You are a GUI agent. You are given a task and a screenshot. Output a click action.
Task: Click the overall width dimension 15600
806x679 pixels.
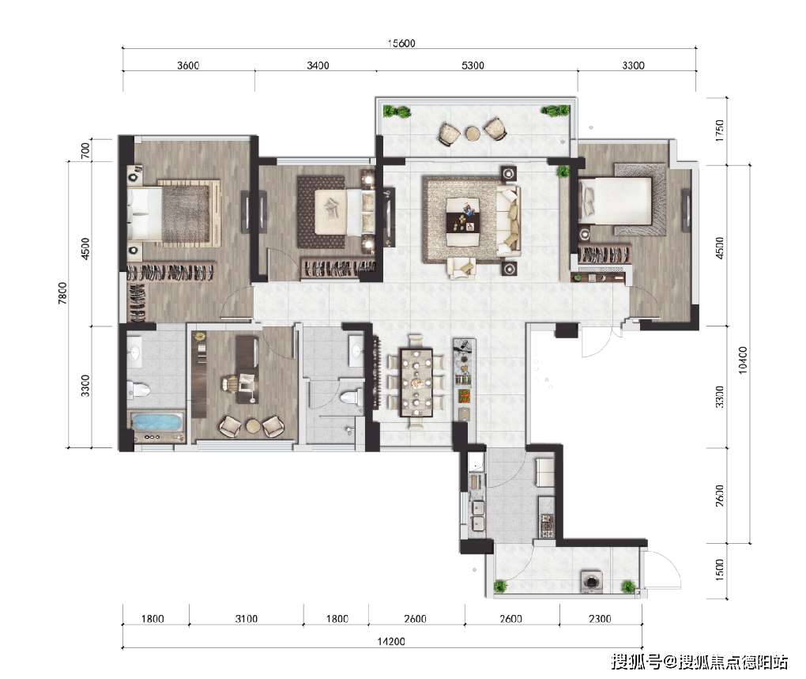tap(401, 43)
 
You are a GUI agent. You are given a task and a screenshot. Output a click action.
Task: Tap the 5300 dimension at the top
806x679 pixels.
tap(472, 66)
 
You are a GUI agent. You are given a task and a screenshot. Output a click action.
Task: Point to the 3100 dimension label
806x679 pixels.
tap(247, 619)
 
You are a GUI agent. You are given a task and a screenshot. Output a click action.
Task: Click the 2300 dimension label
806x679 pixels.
tap(600, 619)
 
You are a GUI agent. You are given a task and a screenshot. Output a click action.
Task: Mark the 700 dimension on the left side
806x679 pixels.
tap(85, 148)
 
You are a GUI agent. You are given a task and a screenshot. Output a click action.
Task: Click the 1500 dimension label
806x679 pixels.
tap(717, 571)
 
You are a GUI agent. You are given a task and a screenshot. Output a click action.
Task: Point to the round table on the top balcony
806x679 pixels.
tap(472, 133)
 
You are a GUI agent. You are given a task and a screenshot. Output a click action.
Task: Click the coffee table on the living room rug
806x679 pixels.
tap(463, 217)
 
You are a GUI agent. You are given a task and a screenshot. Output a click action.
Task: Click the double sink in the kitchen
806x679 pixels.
tap(476, 515)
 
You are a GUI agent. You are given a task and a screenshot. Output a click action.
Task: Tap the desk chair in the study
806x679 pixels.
tap(230, 383)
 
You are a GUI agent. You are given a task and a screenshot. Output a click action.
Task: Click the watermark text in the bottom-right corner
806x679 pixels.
tap(700, 661)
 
